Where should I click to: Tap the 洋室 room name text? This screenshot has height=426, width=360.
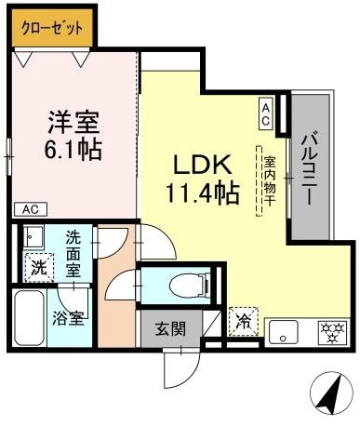(x=73, y=122)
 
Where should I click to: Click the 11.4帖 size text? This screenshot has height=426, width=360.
(x=204, y=194)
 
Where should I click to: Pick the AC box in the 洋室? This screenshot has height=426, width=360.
(x=28, y=208)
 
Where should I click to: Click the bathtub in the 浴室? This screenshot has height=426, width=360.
(x=28, y=318)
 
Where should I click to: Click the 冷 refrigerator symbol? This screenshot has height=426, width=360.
(x=242, y=323)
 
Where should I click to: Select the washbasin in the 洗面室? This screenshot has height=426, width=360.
(x=33, y=236)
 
